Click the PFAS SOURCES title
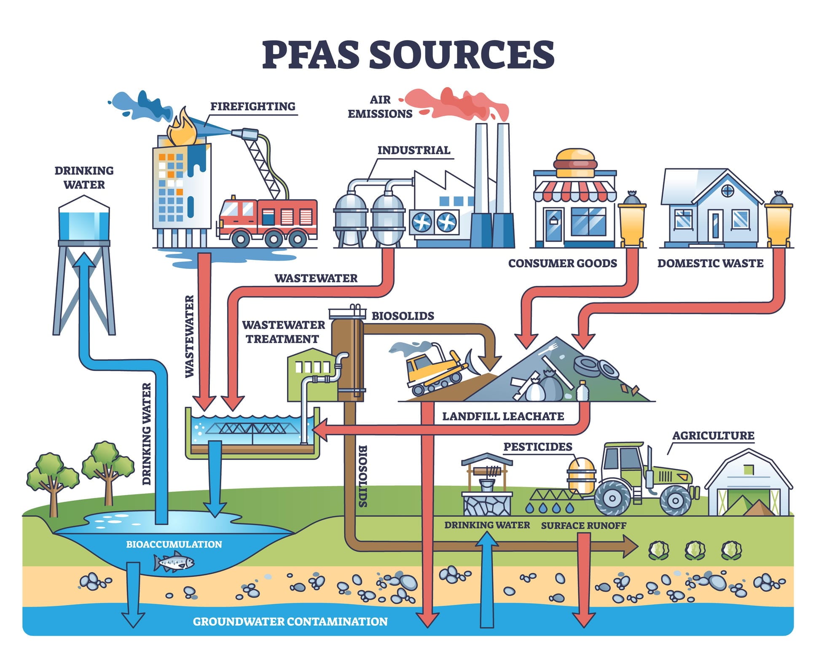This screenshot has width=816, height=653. click(x=408, y=55)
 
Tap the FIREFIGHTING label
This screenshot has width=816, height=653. click(x=252, y=106)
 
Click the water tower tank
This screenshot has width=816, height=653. click(x=84, y=223)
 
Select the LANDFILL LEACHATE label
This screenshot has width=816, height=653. click(x=502, y=417)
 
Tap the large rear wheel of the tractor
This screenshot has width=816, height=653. click(x=612, y=498)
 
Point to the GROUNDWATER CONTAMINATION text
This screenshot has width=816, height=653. click(x=290, y=621)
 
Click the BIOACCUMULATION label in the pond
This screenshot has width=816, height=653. click(x=174, y=544)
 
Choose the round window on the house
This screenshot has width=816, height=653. click(x=727, y=191)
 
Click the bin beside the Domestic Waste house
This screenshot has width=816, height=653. click(x=778, y=223)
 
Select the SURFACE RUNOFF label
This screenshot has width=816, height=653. click(x=583, y=526)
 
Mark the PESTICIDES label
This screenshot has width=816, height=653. click(x=537, y=446)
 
